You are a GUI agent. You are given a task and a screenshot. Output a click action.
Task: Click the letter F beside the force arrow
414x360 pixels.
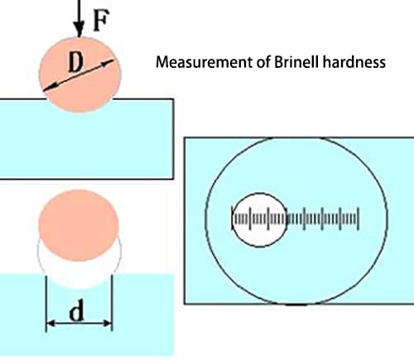pos(101,20)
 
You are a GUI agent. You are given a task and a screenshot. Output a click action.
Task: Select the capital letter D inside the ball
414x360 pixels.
pos(75,62)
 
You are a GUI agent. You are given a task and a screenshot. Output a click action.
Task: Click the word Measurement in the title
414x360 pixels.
pos(205,62)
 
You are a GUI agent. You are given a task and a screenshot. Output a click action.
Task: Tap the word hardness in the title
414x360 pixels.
pos(354,62)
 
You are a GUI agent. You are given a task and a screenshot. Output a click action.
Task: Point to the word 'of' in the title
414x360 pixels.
pos(263,62)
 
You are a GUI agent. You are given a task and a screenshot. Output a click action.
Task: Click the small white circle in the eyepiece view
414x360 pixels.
pos(259,220)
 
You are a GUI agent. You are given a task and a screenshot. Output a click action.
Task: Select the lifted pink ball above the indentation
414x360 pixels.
pos(79,226)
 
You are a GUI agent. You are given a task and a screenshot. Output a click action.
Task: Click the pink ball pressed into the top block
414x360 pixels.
pos(79,74)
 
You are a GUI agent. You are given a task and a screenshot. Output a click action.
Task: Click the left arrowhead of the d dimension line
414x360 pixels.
pos(51,323)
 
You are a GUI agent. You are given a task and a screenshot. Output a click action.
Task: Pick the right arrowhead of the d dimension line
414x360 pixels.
pos(108,323)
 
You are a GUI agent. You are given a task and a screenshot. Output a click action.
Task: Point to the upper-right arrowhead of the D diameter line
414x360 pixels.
pos(108,63)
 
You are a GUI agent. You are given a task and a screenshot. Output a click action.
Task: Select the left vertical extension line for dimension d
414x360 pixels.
pos(46,303)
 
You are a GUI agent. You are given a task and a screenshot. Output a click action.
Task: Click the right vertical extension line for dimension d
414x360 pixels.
pos(112,303)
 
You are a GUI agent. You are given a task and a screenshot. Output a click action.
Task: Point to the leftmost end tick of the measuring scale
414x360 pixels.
pos(233,218)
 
